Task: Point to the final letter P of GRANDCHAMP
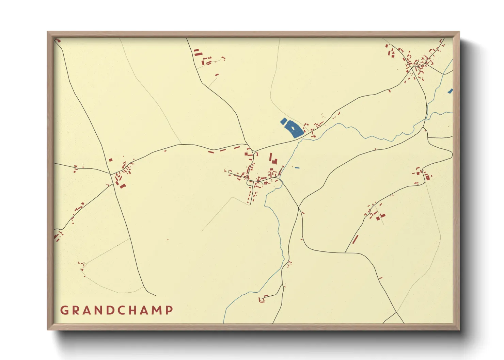pyautogui.click(x=169, y=310)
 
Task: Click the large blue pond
pyautogui.click(x=294, y=129)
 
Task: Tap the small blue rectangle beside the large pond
pyautogui.click(x=283, y=120)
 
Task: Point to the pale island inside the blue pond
pyautogui.click(x=294, y=128)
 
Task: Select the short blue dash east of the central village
pyautogui.click(x=297, y=168)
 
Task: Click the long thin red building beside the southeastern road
pyautogui.click(x=355, y=239)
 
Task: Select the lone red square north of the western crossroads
pyautogui.click(x=110, y=160)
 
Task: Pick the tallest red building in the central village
pyautogui.click(x=271, y=158)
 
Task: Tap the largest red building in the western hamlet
pyautogui.click(x=122, y=186)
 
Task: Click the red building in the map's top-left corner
pyautogui.click(x=58, y=40)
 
